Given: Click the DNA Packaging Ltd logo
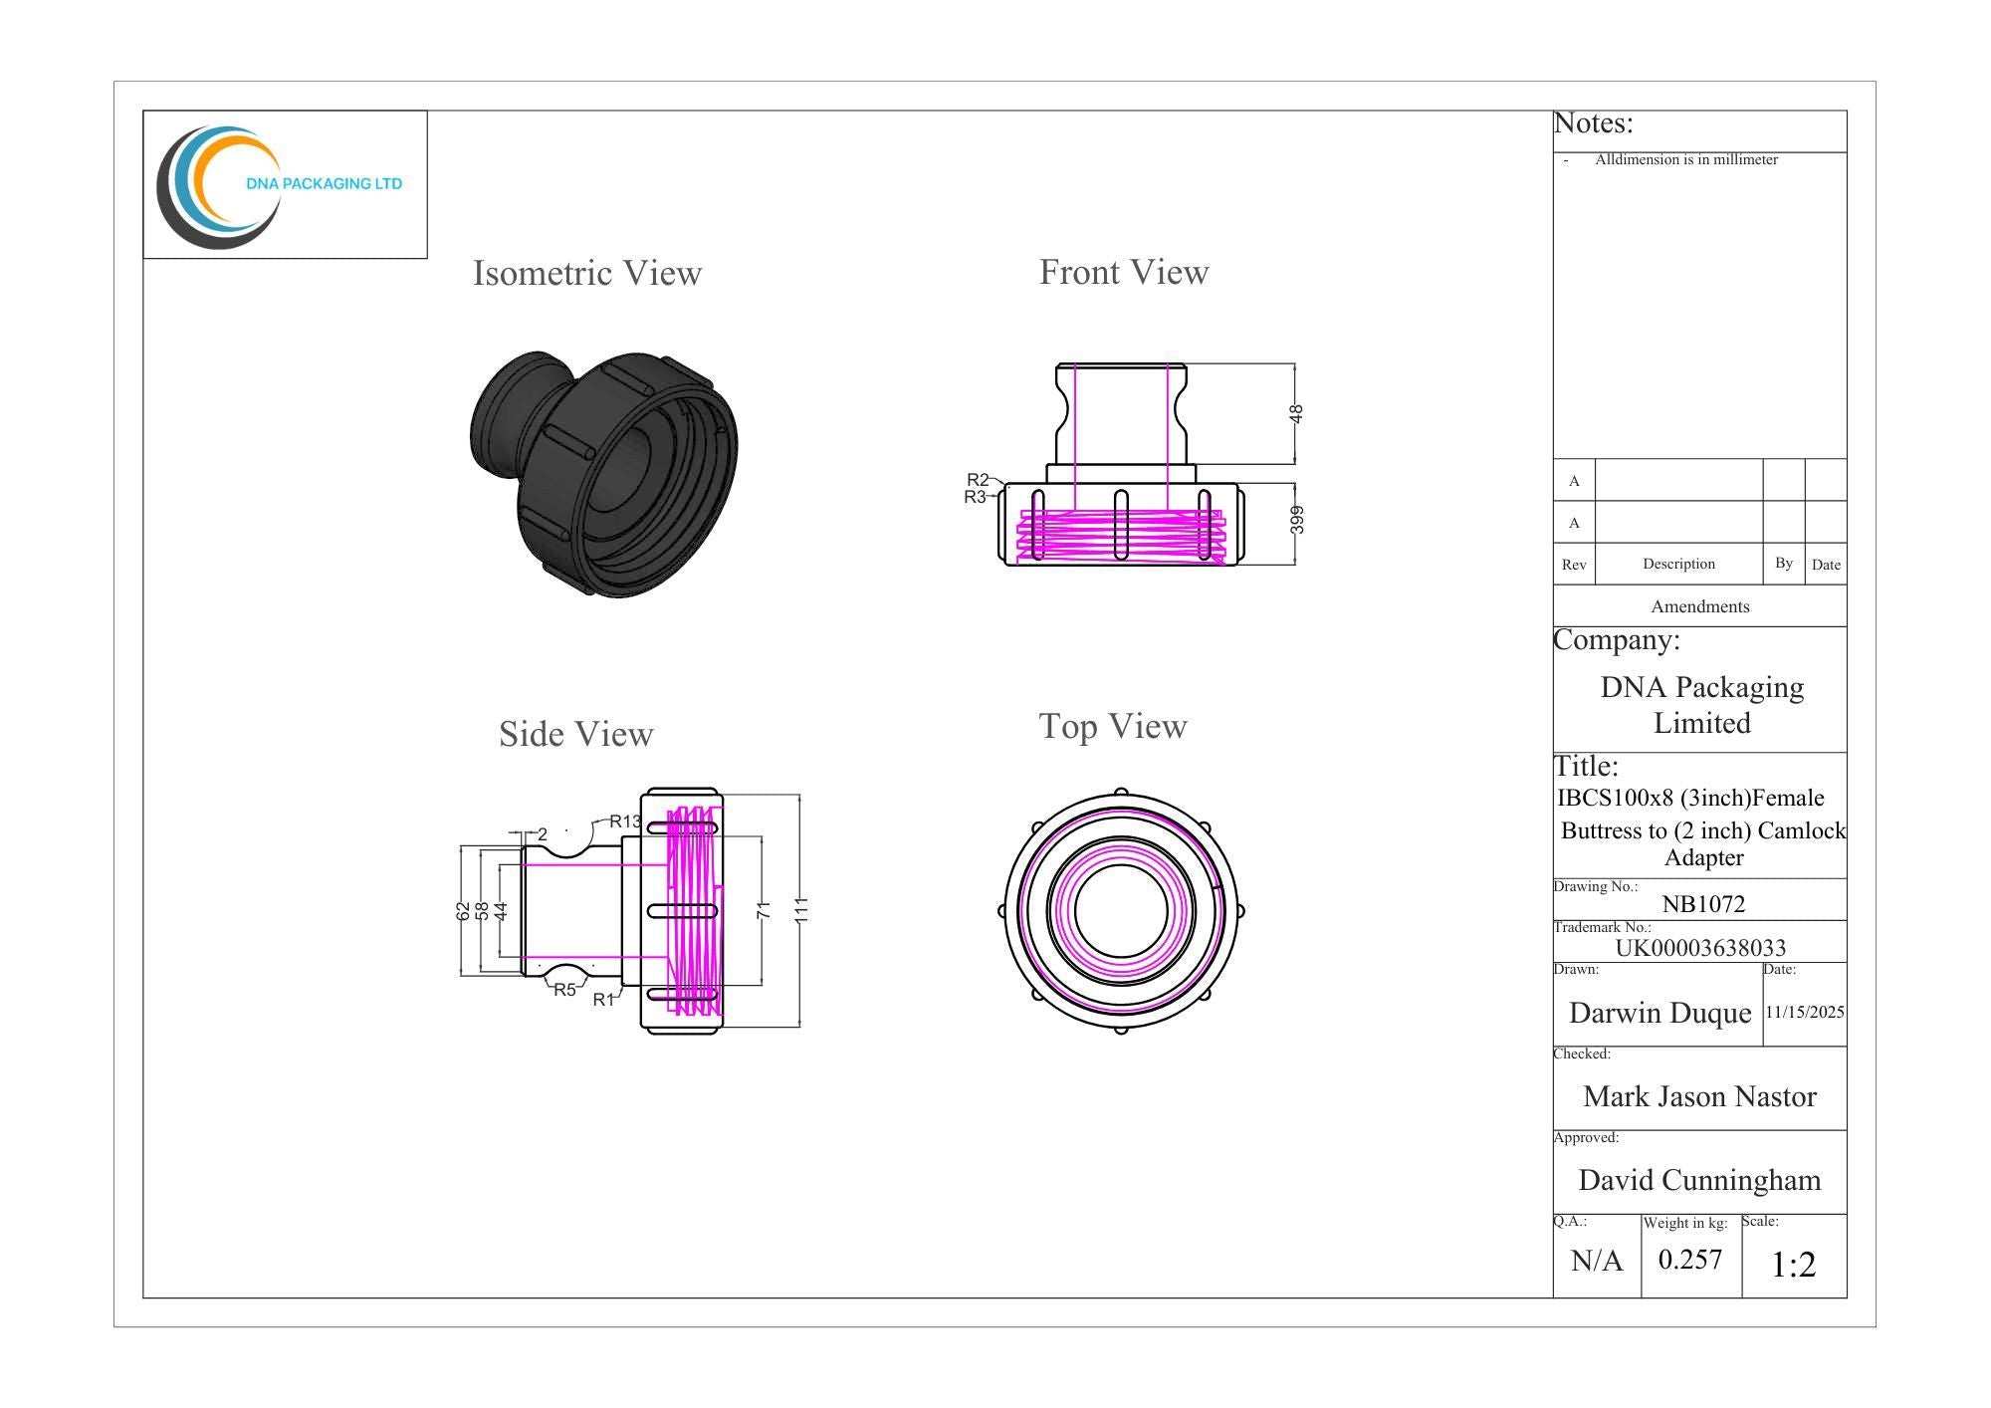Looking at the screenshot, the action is pos(280,186).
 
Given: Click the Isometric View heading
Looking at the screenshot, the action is pos(587,273).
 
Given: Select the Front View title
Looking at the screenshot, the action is pos(1124,272).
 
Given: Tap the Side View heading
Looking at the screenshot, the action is pos(576,734).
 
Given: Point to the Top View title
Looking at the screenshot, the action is pos(1113,727).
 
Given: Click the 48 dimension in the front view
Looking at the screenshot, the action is pos(1296,413).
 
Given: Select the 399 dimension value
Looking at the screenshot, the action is pos(1296,520).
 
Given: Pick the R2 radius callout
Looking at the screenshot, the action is pos(978,480).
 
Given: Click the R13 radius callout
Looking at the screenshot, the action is pos(625,821).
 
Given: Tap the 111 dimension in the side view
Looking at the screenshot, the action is pos(802,910).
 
